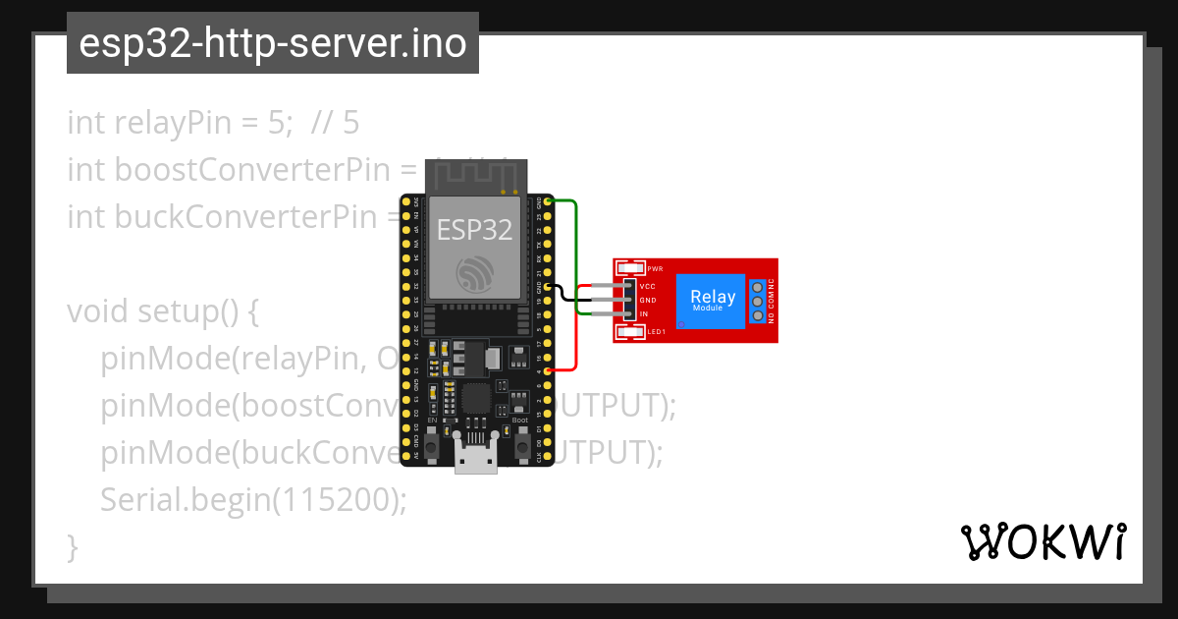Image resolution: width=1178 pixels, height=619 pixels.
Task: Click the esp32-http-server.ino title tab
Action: pos(272,43)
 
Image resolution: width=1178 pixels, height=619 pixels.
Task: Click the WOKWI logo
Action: pos(1044,541)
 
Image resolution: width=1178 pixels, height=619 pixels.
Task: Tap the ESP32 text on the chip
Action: pos(474,230)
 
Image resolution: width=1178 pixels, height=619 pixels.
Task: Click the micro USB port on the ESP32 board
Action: pos(476,461)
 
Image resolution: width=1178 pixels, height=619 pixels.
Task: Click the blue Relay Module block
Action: pos(712,300)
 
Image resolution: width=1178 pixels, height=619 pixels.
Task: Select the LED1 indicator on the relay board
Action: pos(630,332)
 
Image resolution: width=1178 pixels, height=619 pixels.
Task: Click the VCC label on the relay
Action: pos(648,287)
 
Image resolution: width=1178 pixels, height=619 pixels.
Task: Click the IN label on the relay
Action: pos(644,313)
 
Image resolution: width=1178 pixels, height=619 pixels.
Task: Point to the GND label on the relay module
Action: pos(648,301)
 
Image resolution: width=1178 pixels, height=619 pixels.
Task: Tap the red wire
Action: pos(576,334)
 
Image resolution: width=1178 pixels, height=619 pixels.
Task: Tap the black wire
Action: pos(563,294)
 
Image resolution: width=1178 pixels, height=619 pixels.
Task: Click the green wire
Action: pos(576,246)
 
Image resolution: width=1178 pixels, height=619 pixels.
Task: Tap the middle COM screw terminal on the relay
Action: pos(757,301)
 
